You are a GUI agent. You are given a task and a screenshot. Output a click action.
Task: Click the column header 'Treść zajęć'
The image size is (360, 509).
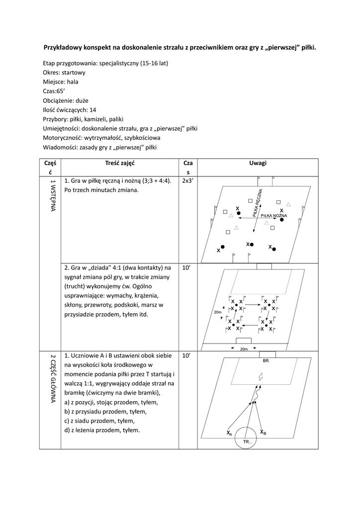point(120,163)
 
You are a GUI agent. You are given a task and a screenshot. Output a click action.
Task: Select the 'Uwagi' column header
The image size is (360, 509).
point(258,163)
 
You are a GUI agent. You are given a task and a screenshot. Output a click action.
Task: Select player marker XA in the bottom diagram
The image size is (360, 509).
point(229,433)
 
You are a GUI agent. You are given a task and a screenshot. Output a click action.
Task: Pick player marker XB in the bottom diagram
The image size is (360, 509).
point(263,433)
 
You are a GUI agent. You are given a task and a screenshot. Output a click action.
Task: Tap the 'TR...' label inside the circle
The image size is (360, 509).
point(247,441)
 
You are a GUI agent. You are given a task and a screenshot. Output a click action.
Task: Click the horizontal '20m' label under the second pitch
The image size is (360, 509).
point(244,349)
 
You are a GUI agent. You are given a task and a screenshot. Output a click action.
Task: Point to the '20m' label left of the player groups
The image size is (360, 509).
point(217,312)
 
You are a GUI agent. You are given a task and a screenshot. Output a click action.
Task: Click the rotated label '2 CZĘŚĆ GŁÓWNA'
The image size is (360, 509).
point(52,378)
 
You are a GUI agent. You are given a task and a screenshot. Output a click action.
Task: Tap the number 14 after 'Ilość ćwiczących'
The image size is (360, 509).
point(93,110)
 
